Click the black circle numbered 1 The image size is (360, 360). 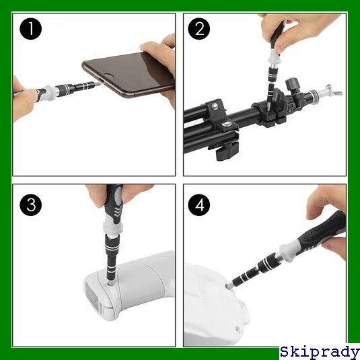point(30,29)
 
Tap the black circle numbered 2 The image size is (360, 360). point(199,29)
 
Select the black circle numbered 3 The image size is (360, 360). point(30,205)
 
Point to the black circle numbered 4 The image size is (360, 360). point(199,205)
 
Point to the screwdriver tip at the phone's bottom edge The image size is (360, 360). point(98,84)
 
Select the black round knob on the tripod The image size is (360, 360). point(293,83)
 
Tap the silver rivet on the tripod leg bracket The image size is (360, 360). point(215,106)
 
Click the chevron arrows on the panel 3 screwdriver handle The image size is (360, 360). point(118,212)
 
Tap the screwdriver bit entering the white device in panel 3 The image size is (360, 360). point(110,282)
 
